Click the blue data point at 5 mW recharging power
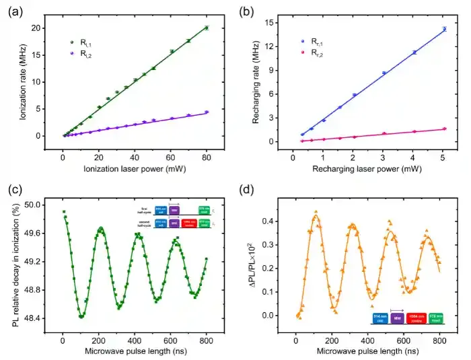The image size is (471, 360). coord(445,29)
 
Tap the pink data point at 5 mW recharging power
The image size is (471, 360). coord(445,129)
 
